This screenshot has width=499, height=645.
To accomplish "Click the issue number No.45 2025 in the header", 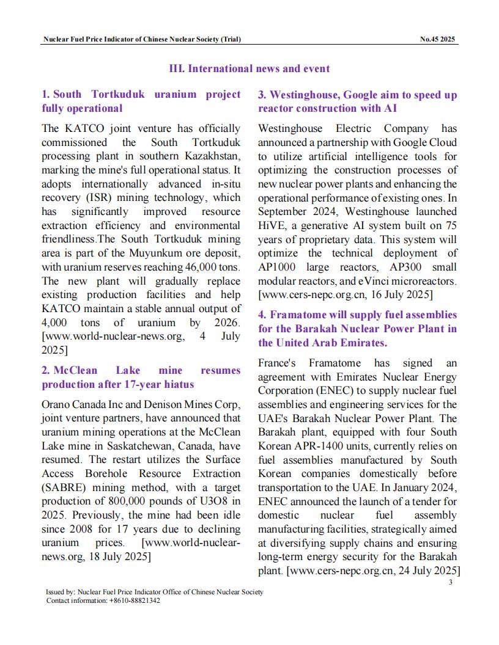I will [x=438, y=40].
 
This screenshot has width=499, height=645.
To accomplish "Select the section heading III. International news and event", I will [x=249, y=68].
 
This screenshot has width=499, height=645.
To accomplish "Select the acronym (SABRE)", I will [x=64, y=487].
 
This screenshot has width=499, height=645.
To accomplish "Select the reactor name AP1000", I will [x=278, y=267].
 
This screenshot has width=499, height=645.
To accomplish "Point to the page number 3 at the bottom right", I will [x=450, y=582].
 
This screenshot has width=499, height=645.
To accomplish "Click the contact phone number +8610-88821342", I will [x=135, y=601].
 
